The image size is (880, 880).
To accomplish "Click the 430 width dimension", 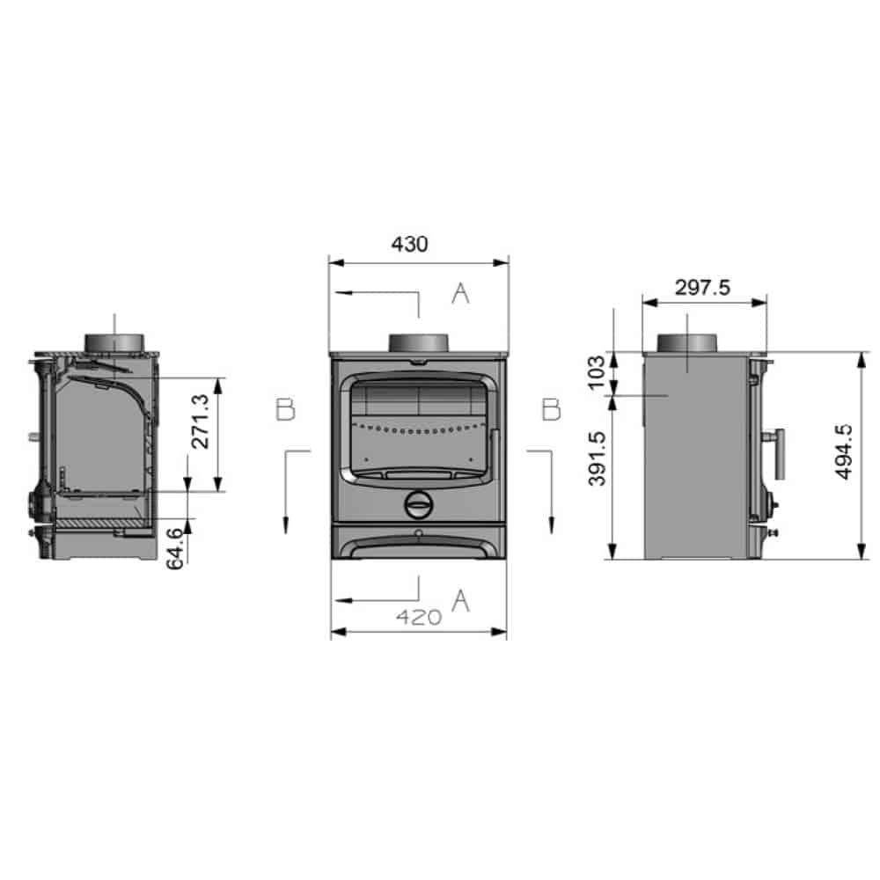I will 409,244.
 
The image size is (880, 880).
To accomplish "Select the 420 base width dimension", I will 418,617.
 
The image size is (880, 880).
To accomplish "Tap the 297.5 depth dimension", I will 702,287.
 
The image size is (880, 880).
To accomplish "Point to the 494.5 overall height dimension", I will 843,452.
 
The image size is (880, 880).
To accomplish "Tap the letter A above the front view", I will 460,295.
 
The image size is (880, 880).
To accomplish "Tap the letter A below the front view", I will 459,601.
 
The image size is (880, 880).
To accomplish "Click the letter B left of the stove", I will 285,410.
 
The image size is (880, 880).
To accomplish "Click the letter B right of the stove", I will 551,410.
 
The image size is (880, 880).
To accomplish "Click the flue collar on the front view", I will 419,342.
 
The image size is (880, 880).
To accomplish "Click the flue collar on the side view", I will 689,342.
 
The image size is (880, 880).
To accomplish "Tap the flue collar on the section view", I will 114,341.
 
